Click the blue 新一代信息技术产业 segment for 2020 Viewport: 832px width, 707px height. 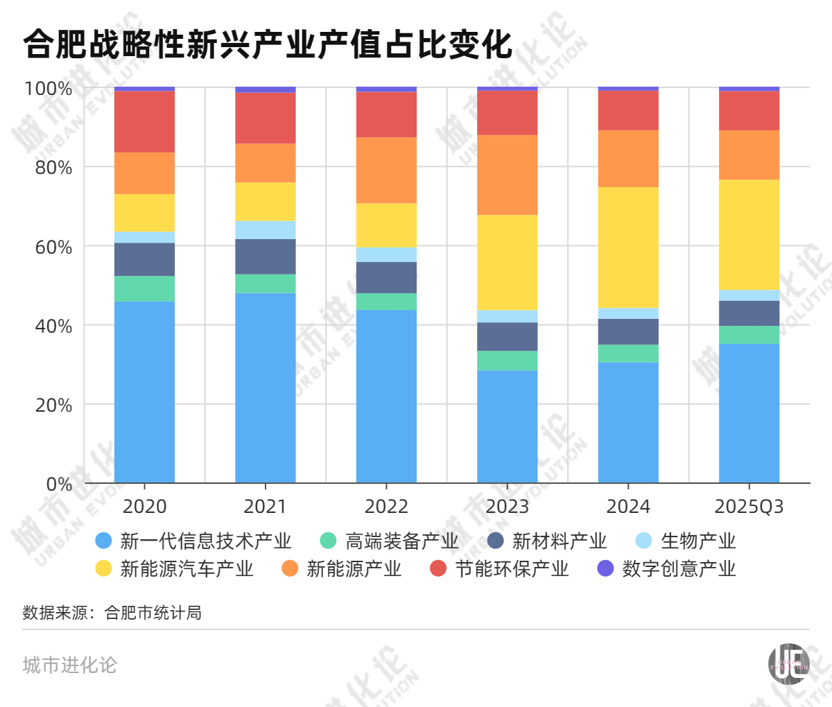[x=144, y=392]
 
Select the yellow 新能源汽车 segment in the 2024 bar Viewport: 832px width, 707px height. [x=628, y=247]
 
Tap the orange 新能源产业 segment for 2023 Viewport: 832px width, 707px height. [x=508, y=175]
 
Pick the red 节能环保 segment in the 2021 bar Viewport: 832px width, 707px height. [x=266, y=118]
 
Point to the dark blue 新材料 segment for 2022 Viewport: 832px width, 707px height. [x=386, y=277]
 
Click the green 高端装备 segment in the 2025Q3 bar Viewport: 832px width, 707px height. [x=749, y=335]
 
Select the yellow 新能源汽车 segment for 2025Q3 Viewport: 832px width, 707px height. [x=749, y=235]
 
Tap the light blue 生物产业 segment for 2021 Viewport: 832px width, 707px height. [x=266, y=230]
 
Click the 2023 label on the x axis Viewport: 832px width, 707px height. [x=508, y=507]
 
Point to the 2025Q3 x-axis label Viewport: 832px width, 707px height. [x=749, y=507]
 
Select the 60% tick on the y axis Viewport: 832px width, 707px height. [x=53, y=247]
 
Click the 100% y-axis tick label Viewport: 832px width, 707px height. [x=49, y=89]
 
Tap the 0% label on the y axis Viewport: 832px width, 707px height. [x=59, y=485]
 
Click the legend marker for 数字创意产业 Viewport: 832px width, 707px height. [x=605, y=569]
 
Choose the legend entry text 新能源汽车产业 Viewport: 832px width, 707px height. [x=187, y=569]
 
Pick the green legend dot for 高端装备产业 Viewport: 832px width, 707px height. [x=329, y=541]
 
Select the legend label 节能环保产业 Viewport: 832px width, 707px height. [x=512, y=569]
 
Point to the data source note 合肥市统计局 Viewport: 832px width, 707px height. [x=153, y=613]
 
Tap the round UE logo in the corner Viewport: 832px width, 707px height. [x=789, y=664]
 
